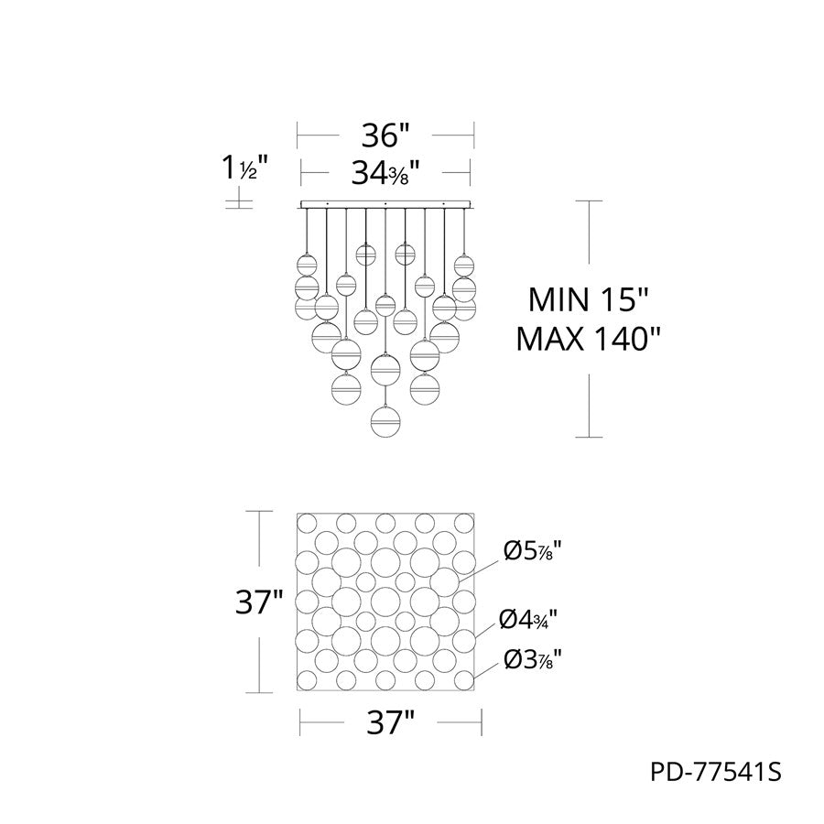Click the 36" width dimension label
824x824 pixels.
(x=385, y=136)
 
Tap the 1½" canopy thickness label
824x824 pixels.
(x=244, y=168)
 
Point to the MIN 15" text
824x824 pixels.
(x=588, y=299)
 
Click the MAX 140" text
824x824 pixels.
(x=588, y=339)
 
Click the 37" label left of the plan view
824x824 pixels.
(x=259, y=602)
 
